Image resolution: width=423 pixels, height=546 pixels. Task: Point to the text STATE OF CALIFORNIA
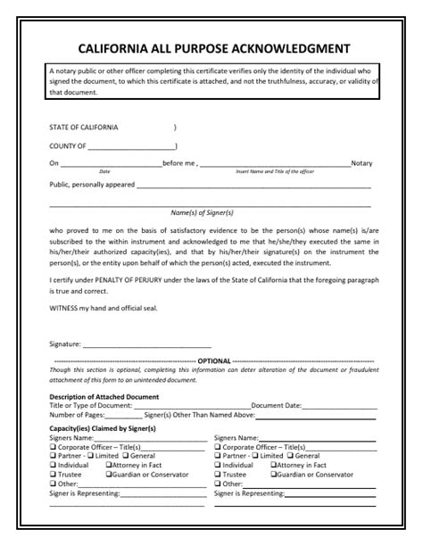pyautogui.click(x=83, y=127)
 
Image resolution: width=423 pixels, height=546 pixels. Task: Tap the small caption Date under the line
pyautogui.click(x=104, y=171)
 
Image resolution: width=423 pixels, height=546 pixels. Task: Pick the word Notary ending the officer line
pyautogui.click(x=361, y=163)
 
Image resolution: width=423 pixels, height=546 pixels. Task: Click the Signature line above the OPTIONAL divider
pyautogui.click(x=146, y=343)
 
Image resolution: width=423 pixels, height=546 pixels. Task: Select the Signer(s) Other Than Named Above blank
pyautogui.click(x=316, y=415)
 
